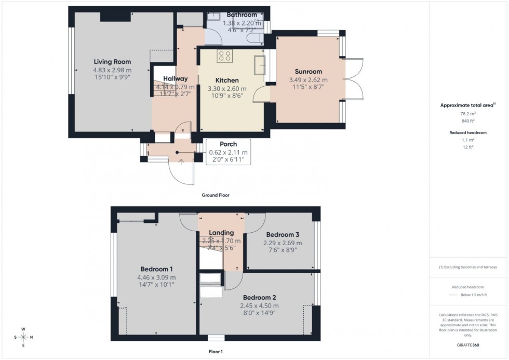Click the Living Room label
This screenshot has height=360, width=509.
click(112, 62)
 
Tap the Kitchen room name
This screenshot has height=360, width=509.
click(227, 81)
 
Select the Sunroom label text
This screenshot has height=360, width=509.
click(309, 72)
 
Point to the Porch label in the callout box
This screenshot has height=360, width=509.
click(228, 144)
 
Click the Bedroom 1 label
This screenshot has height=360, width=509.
click(156, 269)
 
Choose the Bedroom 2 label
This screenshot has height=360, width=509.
click(258, 298)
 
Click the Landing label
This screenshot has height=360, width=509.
click(221, 233)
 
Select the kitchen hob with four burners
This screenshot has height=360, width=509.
click(225, 56)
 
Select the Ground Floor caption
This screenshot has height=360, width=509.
click(216, 195)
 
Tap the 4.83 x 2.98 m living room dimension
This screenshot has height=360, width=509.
click(112, 70)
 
